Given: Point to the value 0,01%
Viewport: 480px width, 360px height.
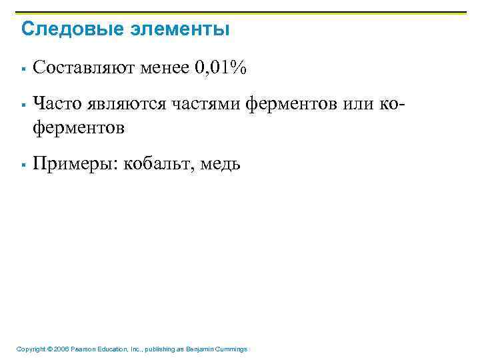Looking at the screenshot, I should [x=221, y=67].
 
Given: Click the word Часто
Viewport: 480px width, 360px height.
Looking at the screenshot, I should [x=53, y=103].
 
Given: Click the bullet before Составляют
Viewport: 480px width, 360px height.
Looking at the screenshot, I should [x=23, y=68].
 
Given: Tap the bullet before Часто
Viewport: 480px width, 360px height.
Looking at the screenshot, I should [x=23, y=105].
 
